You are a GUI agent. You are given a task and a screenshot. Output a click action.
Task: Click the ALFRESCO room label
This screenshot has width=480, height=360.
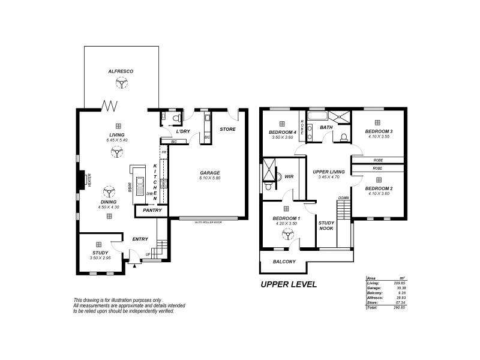coord(121,71)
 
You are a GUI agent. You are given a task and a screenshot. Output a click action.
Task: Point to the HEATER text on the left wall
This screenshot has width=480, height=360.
coord(89,181)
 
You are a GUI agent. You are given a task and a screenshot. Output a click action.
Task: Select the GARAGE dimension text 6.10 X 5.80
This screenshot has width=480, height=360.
coord(210,178)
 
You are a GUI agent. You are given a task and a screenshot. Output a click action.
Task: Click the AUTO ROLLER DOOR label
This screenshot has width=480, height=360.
coord(208,222)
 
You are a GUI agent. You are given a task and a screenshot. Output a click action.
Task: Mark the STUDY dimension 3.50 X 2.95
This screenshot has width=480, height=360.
coord(100,257)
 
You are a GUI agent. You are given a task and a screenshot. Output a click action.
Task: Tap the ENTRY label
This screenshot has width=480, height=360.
coord(140,239)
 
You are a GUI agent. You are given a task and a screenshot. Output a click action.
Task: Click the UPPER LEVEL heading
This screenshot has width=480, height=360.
coord(288,284)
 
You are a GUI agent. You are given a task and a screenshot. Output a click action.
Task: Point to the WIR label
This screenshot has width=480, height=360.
coord(288,177)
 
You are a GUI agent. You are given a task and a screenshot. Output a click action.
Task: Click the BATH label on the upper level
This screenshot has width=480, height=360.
coord(326,128)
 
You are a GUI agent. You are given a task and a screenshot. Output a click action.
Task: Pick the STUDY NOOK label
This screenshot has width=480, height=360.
coord(327,226)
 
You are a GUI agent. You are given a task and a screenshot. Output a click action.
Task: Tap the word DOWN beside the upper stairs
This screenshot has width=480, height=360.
coord(343,197)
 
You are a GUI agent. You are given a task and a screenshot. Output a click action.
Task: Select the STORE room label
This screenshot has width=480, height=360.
coord(227,129)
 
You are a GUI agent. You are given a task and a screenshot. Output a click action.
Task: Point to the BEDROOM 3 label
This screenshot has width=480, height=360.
coord(379,131)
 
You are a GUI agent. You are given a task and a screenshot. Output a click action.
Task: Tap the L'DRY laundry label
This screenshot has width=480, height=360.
coord(183,131)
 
